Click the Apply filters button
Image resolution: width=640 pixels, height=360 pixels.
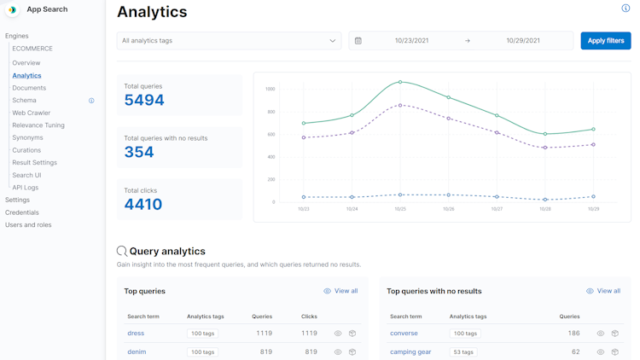[605, 41]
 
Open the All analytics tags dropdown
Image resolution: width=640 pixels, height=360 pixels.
[229, 41]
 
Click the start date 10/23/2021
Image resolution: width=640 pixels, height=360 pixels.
[411, 41]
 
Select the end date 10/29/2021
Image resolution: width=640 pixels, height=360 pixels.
[522, 41]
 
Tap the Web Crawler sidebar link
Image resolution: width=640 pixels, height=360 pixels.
[32, 113]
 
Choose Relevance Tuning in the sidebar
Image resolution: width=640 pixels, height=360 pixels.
[38, 125]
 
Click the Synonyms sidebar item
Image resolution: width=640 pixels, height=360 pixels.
[27, 137]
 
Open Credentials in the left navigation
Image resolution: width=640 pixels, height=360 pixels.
[22, 212]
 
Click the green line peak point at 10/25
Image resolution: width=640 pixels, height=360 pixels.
[400, 83]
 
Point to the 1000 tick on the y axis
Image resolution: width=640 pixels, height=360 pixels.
[270, 89]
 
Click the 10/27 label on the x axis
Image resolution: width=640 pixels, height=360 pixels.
[497, 209]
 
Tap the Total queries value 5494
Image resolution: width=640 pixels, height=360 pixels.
[144, 101]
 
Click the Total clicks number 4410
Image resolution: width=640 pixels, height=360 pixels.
[143, 205]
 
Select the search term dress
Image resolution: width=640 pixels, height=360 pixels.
[136, 334]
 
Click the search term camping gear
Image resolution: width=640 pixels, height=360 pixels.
[410, 351]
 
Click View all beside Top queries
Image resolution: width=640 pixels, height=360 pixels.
[340, 291]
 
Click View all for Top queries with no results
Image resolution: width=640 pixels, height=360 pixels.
[603, 291]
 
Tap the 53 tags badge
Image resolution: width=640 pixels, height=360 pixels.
[463, 351]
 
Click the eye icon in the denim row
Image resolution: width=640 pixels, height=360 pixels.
[338, 351]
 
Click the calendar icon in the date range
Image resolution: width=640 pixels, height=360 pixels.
[358, 41]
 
